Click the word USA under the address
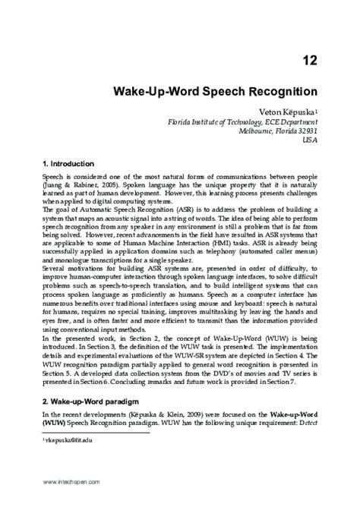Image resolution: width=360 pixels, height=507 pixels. click(310, 140)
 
